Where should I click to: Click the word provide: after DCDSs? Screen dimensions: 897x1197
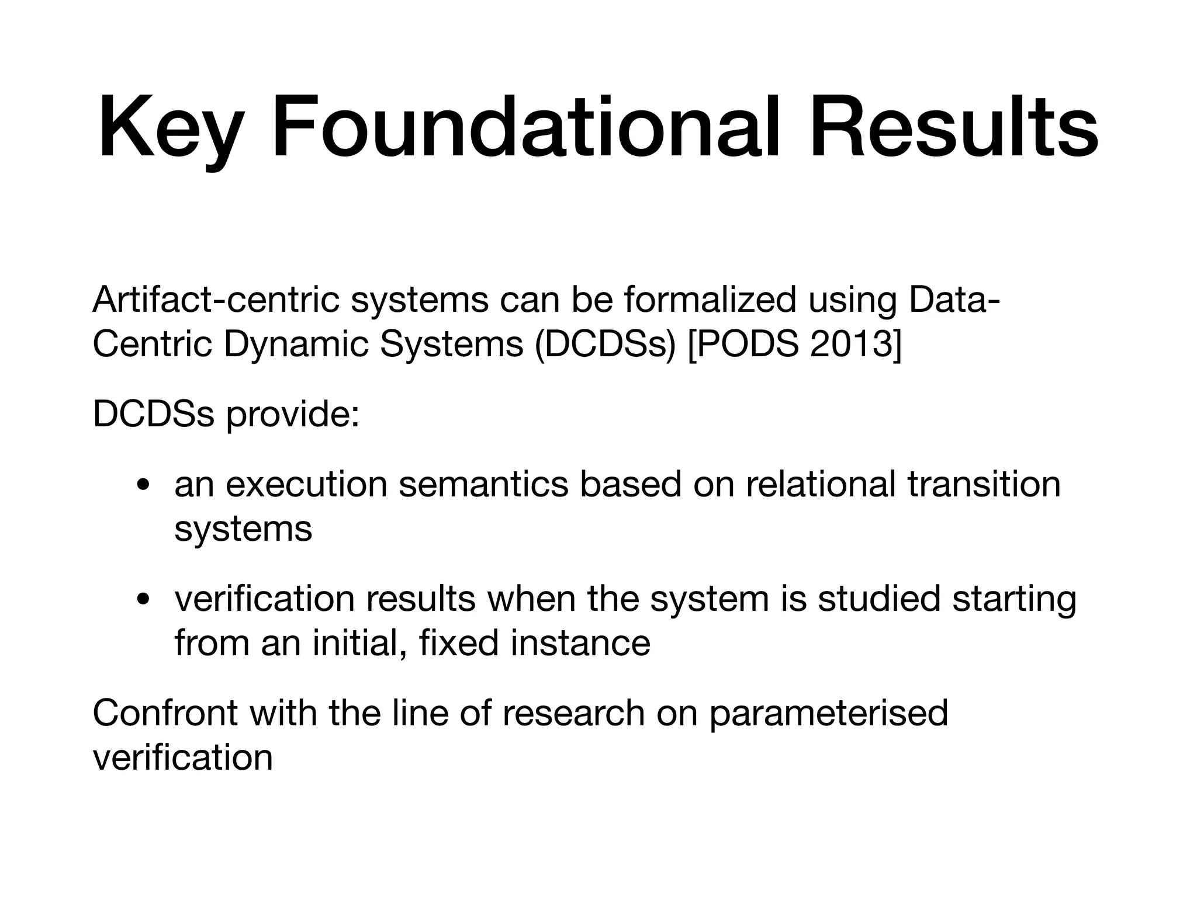[292, 416]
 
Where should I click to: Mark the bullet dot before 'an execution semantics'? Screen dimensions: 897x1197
[142, 486]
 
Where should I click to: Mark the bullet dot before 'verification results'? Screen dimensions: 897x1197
[142, 600]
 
